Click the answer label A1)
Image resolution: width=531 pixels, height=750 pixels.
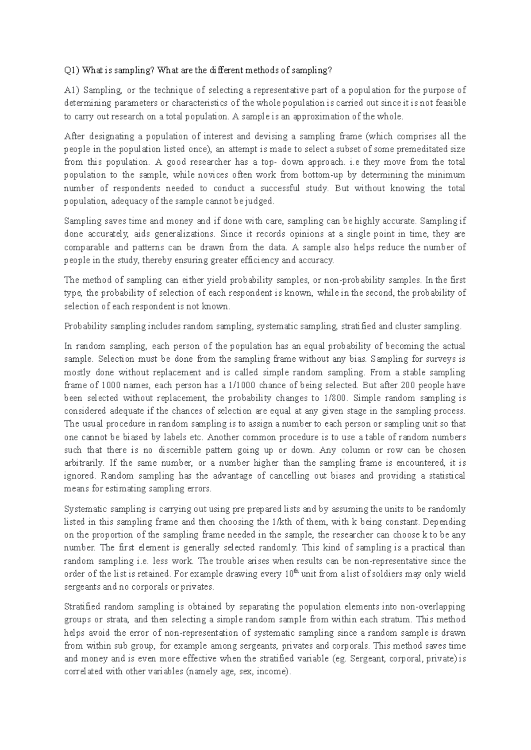71,90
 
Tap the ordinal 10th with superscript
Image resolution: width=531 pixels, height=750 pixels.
291,574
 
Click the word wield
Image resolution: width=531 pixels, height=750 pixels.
455,574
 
